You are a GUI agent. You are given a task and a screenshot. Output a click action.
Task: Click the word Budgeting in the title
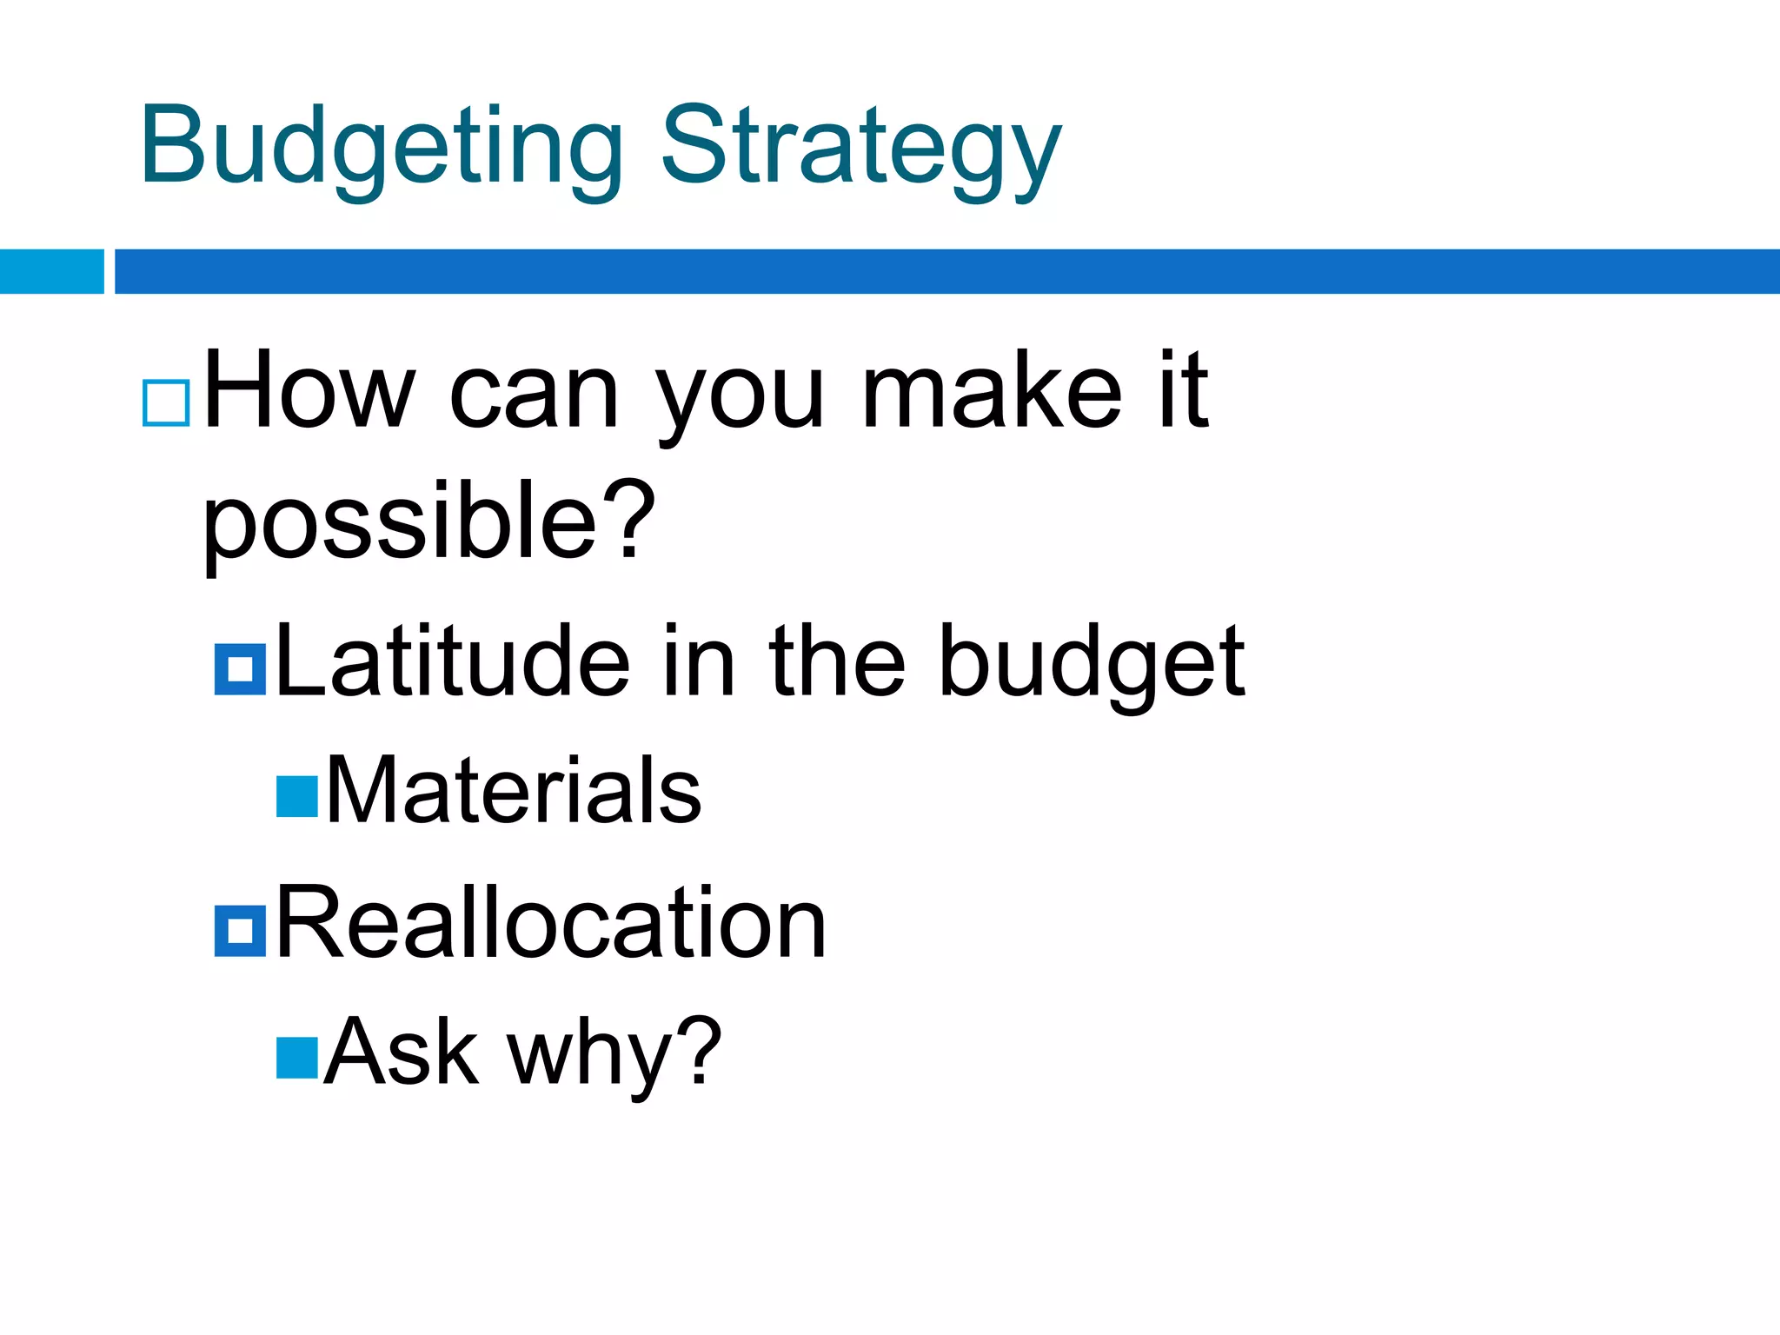pos(381,146)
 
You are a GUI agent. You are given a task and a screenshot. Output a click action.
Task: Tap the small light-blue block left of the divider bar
pos(51,271)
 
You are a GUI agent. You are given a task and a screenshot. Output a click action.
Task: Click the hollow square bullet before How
pos(166,402)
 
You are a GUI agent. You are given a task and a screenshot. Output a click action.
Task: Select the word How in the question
pos(309,391)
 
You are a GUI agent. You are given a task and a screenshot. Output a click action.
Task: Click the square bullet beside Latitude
pos(240,669)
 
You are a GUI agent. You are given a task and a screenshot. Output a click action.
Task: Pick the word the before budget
pos(837,662)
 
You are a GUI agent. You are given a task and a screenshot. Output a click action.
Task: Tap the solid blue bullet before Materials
pos(297,796)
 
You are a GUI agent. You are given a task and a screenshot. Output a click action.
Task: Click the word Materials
pos(513,791)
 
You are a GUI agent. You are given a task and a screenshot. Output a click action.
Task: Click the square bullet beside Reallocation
pos(240,931)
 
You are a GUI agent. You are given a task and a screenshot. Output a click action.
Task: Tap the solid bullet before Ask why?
pos(297,1058)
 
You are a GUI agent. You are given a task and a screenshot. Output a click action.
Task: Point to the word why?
pos(614,1056)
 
